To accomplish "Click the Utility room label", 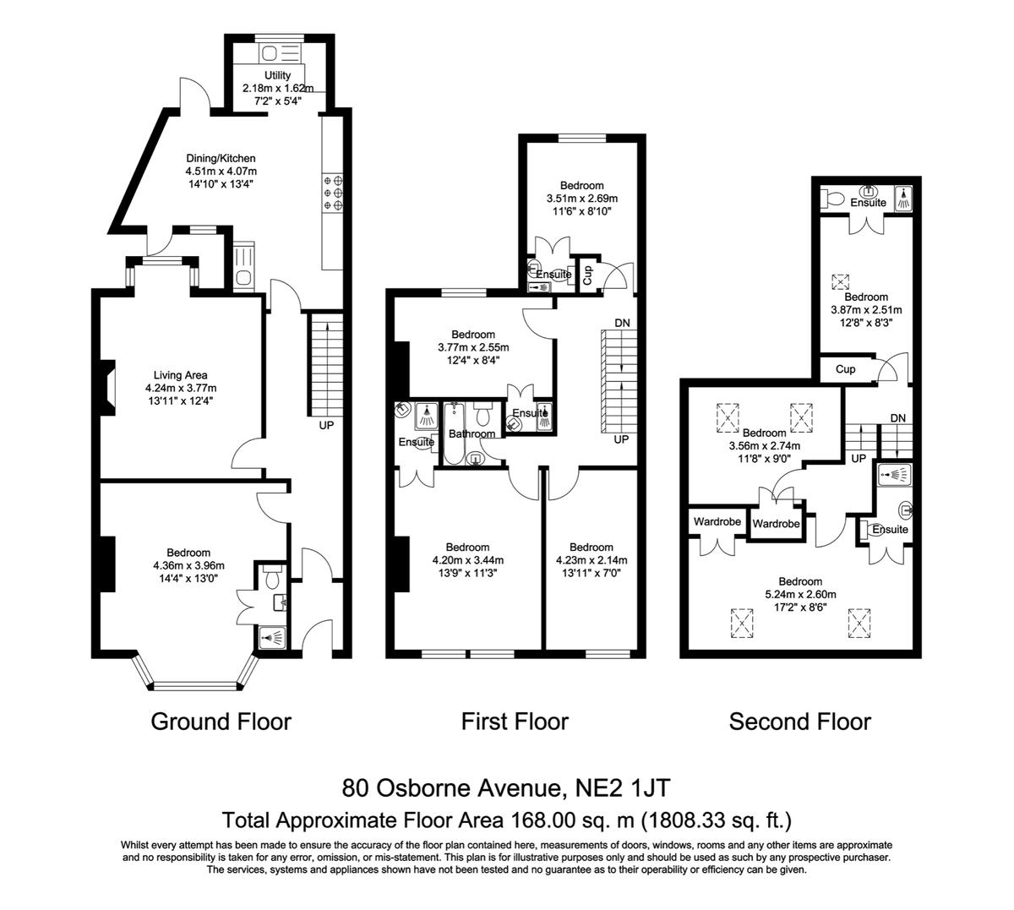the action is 277,75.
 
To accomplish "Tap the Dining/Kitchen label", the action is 221,158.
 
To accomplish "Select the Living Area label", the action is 180,375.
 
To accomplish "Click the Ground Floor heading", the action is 221,722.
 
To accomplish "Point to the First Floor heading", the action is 515,722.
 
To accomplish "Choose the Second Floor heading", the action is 799,722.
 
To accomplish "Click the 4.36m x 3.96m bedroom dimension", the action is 188,565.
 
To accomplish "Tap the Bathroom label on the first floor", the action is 472,433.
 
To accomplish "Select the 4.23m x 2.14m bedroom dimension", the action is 591,560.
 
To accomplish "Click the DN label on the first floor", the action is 622,323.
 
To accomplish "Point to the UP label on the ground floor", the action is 326,425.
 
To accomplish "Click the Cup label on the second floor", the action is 845,369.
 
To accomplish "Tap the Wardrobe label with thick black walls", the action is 777,524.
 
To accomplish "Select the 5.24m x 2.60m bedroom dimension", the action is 800,594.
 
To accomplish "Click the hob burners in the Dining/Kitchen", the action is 333,192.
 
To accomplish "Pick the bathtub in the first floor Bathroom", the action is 455,433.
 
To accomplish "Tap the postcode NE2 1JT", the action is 623,787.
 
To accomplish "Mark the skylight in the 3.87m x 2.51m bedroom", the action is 840,281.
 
